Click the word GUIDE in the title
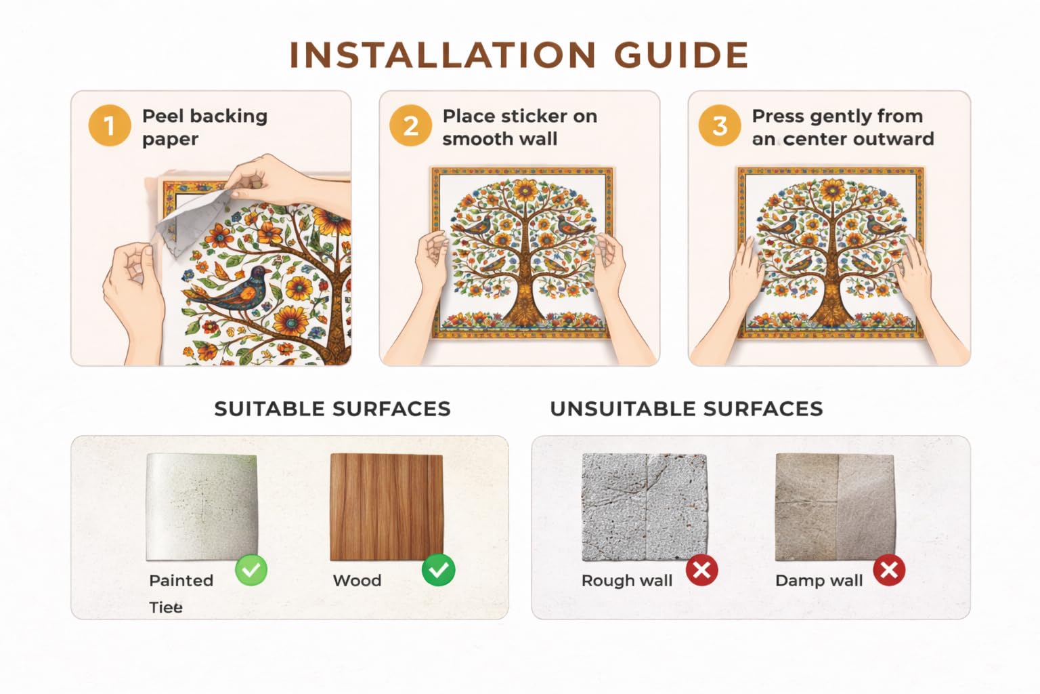tap(681, 55)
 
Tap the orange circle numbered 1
tap(110, 125)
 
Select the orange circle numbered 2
tap(410, 125)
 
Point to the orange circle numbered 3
tap(720, 125)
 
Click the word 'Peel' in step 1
tap(162, 116)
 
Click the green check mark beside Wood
tap(438, 570)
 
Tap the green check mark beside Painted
tap(251, 570)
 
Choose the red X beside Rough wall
tap(702, 570)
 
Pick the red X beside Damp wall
tap(889, 570)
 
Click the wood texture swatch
tap(387, 507)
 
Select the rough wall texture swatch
tap(645, 507)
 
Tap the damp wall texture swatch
tap(836, 507)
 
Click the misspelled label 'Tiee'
tap(166, 607)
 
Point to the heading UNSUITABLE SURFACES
tap(686, 409)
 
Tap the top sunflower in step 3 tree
tap(831, 190)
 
